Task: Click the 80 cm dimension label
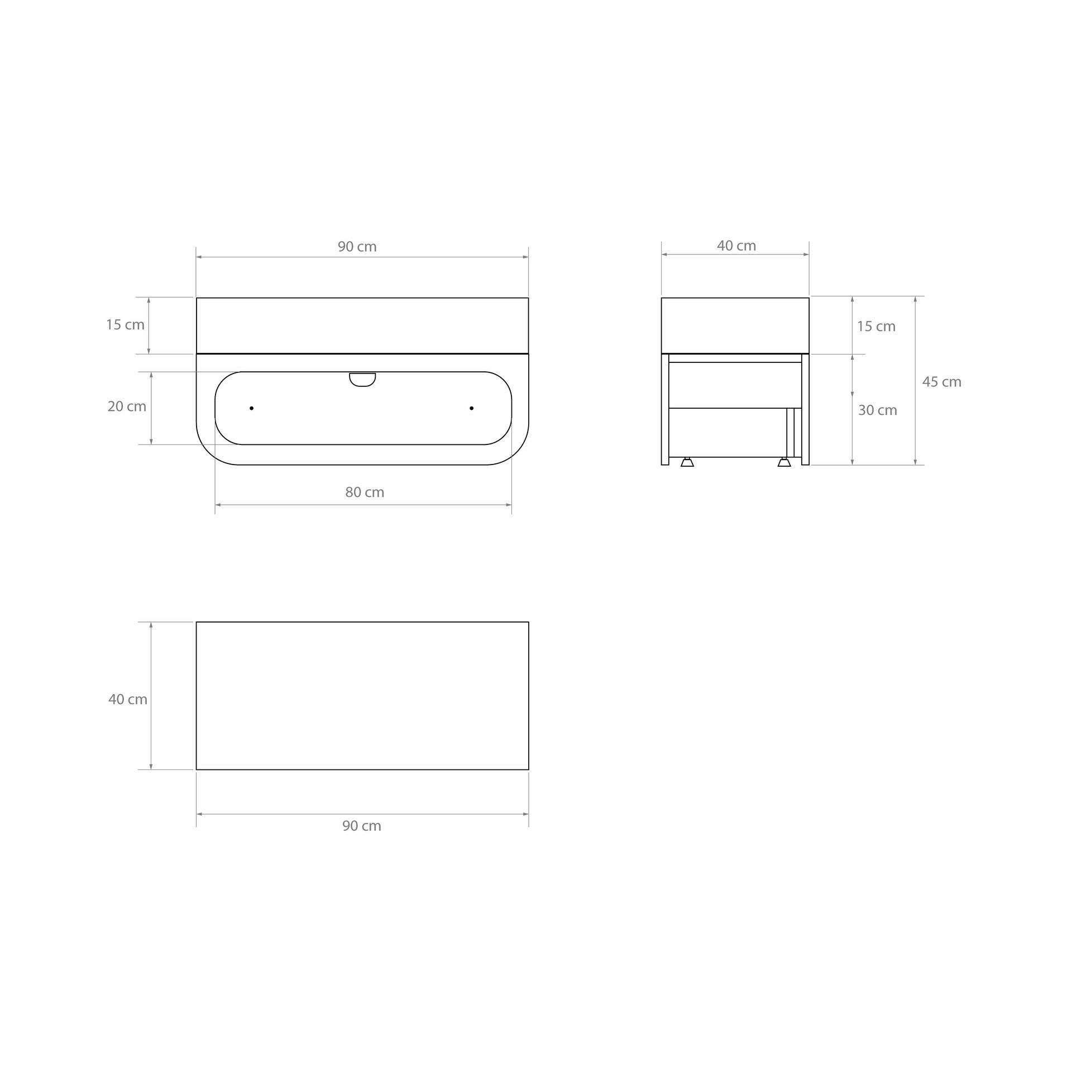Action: [365, 492]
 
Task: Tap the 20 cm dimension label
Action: [127, 406]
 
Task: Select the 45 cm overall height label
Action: [941, 382]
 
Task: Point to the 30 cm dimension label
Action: [878, 410]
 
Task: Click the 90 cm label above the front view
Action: [357, 247]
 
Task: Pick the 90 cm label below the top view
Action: [362, 826]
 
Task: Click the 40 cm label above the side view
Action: [736, 246]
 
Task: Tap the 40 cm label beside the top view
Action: [128, 699]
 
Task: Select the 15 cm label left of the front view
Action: [126, 324]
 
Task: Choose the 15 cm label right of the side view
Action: [877, 326]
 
